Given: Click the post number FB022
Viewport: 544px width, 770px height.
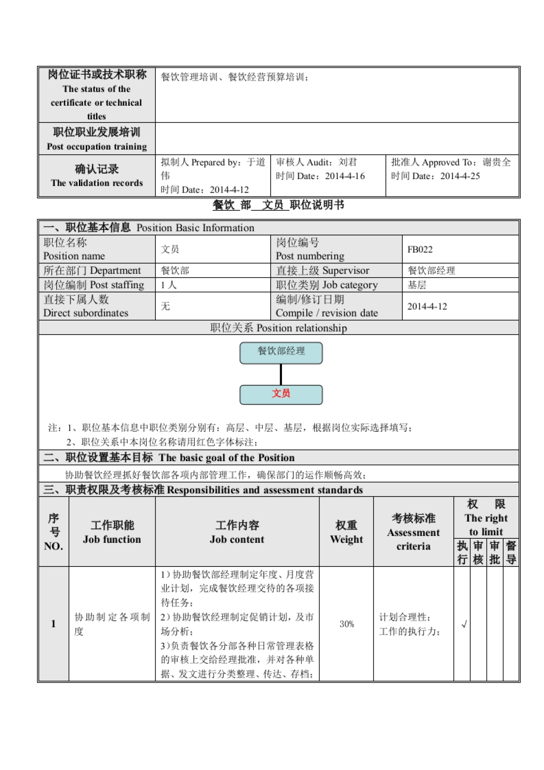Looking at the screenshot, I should (x=420, y=249).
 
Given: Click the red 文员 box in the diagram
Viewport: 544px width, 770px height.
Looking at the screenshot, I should (x=281, y=394).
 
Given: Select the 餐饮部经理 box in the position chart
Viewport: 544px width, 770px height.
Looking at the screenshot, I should (x=281, y=352).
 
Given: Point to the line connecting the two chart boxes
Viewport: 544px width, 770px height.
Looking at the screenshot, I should (x=281, y=375).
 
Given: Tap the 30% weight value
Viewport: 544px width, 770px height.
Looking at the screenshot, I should (x=347, y=624).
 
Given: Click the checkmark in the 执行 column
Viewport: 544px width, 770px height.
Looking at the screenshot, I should (x=464, y=624).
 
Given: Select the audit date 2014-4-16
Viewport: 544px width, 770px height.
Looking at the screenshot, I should (x=345, y=176).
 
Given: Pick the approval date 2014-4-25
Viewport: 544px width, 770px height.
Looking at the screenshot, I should (x=460, y=176).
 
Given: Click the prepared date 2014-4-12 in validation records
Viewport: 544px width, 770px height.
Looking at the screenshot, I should (x=229, y=190).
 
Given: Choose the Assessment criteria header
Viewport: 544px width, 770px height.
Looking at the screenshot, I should (x=413, y=532).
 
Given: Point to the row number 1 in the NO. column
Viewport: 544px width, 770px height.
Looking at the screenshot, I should (x=53, y=624).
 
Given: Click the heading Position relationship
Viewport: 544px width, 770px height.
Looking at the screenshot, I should (x=278, y=328).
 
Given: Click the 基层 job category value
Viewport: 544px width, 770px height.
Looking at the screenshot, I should (x=417, y=285).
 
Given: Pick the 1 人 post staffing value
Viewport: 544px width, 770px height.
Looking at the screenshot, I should (x=168, y=285).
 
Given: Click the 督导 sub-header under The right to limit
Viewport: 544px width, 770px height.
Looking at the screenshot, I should (x=511, y=553).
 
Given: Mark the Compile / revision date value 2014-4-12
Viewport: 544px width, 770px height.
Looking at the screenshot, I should (x=427, y=307).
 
